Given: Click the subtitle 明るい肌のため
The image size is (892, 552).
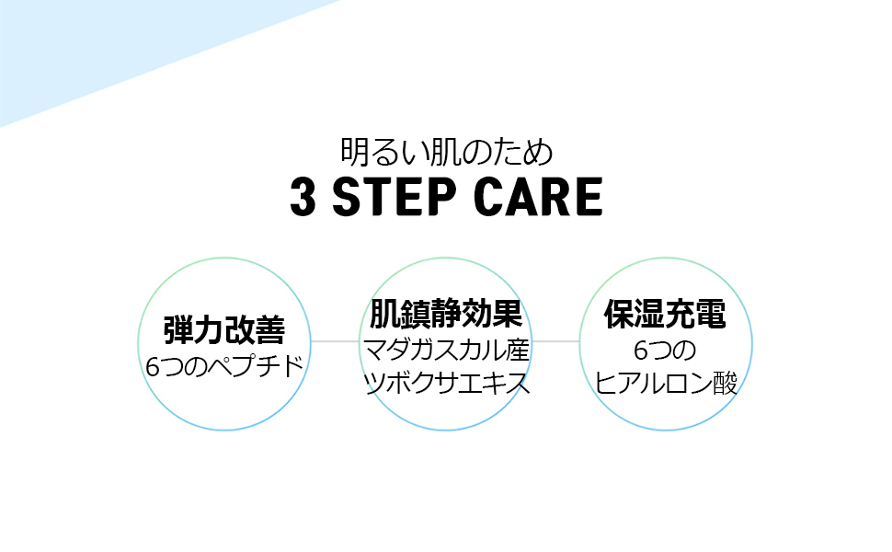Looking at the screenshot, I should point(446,151).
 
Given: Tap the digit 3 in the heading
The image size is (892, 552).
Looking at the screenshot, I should point(303,197).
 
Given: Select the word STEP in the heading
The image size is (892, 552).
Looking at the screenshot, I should point(394,197).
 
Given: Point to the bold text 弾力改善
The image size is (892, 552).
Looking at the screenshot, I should point(223,329).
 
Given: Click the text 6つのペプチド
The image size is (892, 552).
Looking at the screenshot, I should point(223,366).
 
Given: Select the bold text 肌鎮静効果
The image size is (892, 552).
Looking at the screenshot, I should point(446,315).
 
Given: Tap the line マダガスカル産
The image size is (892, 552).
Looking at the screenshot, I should point(446,350).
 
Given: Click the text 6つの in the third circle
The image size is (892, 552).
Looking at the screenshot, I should point(665,351).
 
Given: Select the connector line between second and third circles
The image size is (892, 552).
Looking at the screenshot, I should point(555,341).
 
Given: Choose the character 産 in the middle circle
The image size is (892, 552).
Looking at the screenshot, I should point(516,350).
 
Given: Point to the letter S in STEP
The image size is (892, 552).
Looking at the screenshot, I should point(348,197).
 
